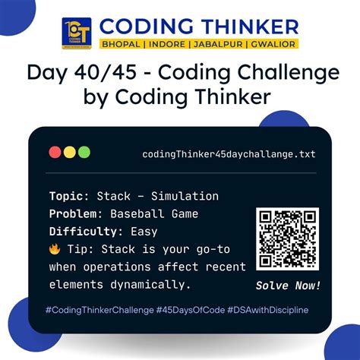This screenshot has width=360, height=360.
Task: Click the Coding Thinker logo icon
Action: point(76,32)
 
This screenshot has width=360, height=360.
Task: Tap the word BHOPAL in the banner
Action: point(120,44)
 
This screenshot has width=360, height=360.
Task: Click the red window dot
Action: point(55,152)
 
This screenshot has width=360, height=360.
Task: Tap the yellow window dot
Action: point(69,152)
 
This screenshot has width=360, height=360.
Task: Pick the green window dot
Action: point(84,152)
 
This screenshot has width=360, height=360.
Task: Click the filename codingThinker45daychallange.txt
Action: point(229,154)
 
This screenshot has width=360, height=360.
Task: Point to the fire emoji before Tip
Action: point(55,250)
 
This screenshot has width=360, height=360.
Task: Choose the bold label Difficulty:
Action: point(86,232)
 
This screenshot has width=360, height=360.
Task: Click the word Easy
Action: point(144,232)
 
